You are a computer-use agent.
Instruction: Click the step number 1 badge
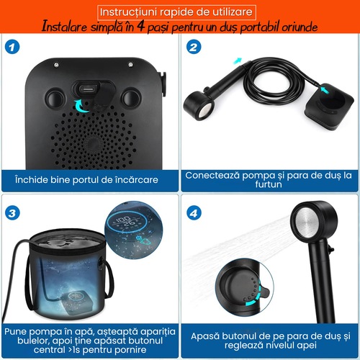point(12,47)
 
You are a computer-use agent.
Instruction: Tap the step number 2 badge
point(194,47)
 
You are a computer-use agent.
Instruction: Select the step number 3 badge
point(12,213)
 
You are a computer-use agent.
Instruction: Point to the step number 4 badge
point(194,213)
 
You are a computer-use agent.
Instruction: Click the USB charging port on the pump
point(87,89)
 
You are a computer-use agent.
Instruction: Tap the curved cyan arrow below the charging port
point(81,107)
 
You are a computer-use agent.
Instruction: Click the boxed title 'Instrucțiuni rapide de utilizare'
point(176,12)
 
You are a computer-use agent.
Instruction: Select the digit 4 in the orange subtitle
point(141,26)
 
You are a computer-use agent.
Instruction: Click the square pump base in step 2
point(329,107)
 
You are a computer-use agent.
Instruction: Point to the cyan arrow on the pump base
point(325,90)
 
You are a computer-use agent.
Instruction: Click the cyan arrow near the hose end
point(237,61)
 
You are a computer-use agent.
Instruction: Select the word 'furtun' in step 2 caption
point(269,184)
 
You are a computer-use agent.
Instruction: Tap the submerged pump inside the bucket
point(76,300)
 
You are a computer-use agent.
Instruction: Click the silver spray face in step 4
point(308,223)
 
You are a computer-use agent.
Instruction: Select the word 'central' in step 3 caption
point(50,350)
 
